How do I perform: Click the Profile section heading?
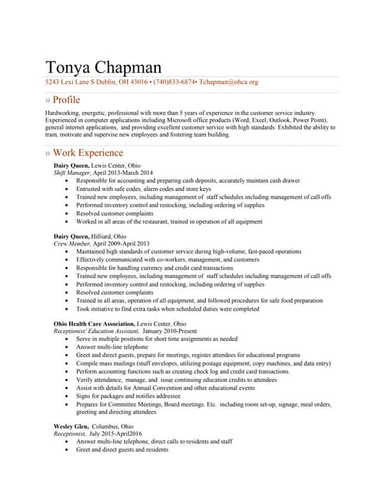(x=67, y=100)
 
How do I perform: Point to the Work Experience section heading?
(x=88, y=153)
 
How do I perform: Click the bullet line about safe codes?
(x=144, y=189)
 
